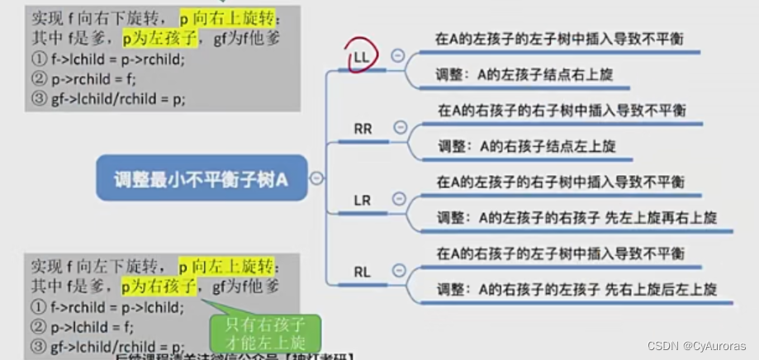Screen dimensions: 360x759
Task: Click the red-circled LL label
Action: [362, 57]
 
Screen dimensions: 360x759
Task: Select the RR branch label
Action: [363, 129]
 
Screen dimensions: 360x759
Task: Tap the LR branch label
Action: [363, 201]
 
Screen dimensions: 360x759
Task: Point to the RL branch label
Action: [363, 271]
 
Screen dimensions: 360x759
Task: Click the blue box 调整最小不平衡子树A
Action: [201, 178]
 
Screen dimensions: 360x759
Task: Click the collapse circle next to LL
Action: [398, 55]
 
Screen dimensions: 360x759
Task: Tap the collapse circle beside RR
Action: [401, 127]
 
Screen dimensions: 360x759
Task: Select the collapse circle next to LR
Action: [400, 199]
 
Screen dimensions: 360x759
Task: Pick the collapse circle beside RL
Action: [400, 270]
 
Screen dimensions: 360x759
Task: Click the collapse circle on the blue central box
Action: [317, 178]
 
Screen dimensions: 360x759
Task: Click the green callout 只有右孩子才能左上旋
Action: [264, 332]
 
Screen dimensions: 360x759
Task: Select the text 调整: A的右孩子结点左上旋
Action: [526, 147]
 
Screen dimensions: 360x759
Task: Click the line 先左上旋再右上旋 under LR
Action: [576, 219]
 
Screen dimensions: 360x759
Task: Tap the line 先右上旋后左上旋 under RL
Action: [576, 290]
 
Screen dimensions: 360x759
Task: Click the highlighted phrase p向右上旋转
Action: [226, 18]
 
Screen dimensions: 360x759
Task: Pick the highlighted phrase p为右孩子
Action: [158, 287]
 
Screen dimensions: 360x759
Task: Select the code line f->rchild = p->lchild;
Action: [106, 308]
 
